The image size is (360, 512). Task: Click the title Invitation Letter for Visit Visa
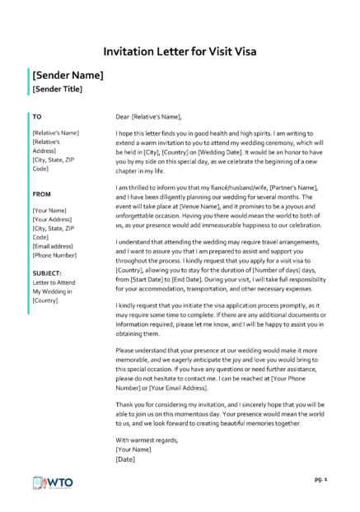[180, 51]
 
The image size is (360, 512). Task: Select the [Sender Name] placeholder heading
[68, 75]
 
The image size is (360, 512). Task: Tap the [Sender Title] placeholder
[57, 89]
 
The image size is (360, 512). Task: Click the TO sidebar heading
[36, 116]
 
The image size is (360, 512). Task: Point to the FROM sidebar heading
[41, 194]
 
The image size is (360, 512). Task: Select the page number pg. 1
[321, 477]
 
